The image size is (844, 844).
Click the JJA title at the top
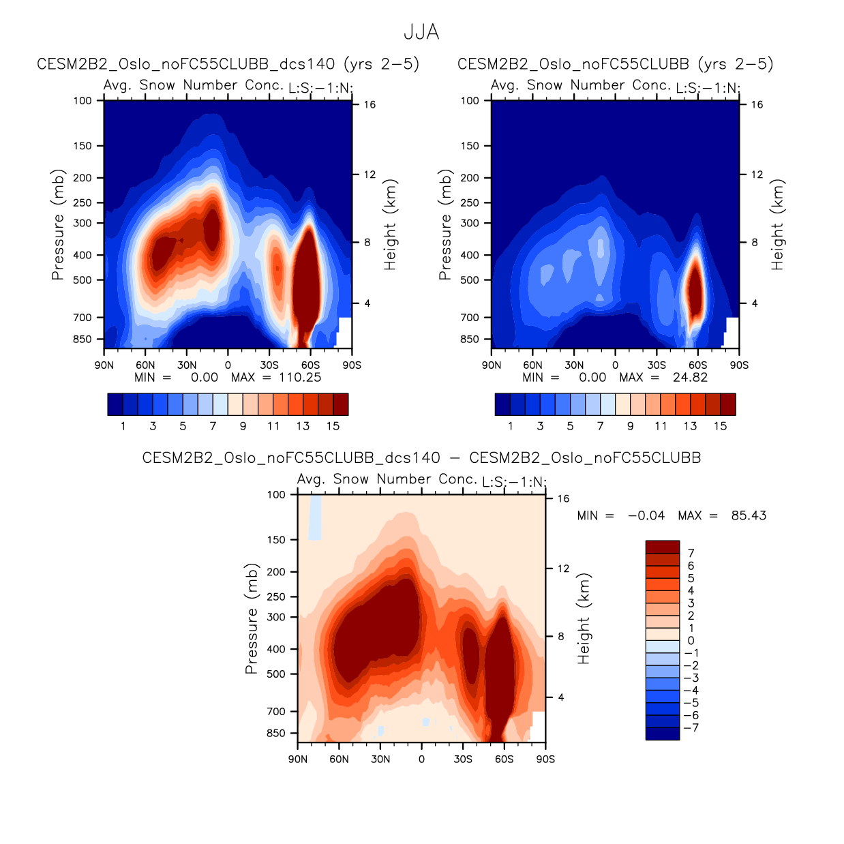[x=421, y=32]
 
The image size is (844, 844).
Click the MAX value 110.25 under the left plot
[x=300, y=378]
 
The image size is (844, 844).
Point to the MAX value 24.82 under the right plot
[x=690, y=378]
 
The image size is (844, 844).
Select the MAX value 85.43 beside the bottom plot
[x=749, y=515]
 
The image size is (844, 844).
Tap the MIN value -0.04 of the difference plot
[x=646, y=515]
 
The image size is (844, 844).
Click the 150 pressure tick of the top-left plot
[x=82, y=146]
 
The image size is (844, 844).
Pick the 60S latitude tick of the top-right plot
[x=697, y=365]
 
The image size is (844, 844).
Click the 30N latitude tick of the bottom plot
[x=380, y=759]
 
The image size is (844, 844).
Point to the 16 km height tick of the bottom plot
[x=563, y=499]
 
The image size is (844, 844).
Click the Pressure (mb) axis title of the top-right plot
[x=445, y=225]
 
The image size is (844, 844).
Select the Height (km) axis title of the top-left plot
[x=390, y=225]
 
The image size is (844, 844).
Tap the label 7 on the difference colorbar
[x=691, y=553]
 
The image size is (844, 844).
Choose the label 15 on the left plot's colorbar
[x=333, y=426]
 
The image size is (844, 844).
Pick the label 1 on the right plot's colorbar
[x=511, y=426]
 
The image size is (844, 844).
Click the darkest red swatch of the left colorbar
[x=340, y=404]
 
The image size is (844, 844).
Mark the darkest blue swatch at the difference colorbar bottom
[x=663, y=734]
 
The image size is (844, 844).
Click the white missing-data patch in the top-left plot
[x=345, y=332]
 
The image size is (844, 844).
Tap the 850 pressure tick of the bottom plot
[x=276, y=734]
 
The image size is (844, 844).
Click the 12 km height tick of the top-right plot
[x=757, y=175]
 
